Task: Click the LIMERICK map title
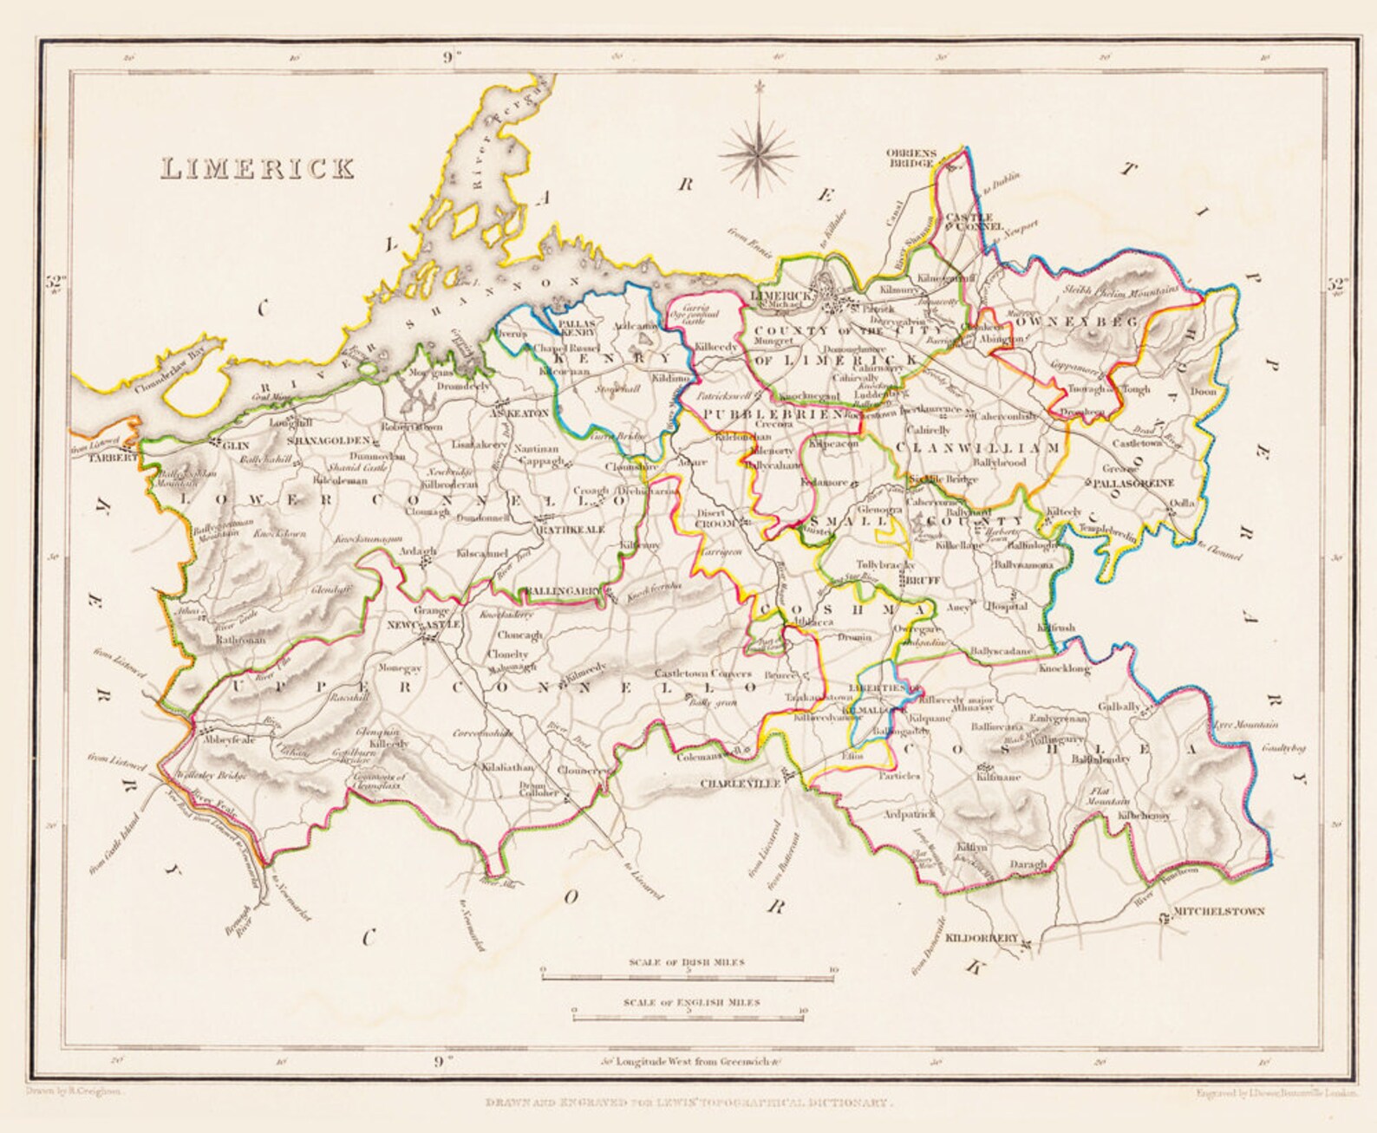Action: click(x=258, y=167)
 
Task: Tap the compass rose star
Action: click(x=759, y=152)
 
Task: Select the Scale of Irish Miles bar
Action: click(x=687, y=977)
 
